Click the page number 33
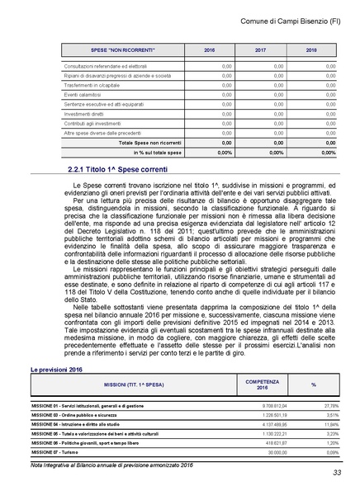point(337,473)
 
